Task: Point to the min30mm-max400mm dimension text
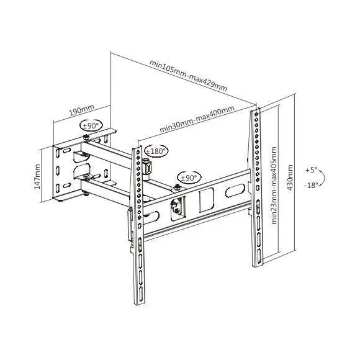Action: pyautogui.click(x=197, y=119)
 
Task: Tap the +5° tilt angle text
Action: pyautogui.click(x=311, y=169)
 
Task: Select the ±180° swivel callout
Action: pyautogui.click(x=155, y=151)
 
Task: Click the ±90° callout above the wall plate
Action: pyautogui.click(x=91, y=126)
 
